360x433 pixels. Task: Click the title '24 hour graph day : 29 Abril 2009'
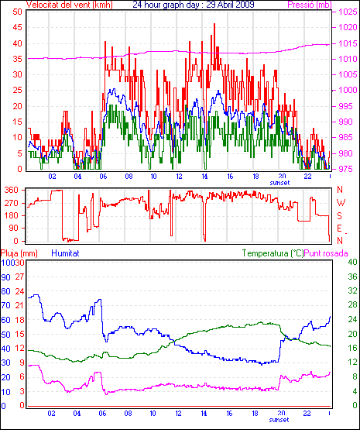[194, 5]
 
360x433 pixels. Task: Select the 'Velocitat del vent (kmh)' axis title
[70, 5]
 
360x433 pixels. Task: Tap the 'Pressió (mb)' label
[310, 5]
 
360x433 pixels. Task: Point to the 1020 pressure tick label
[348, 27]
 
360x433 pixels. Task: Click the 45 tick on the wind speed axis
[17, 27]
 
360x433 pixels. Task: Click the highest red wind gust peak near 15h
[214, 24]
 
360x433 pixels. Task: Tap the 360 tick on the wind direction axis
[12, 190]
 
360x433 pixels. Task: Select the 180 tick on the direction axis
[12, 215]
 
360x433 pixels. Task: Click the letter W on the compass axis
[341, 203]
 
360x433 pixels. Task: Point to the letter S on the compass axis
[340, 215]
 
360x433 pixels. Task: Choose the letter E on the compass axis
[340, 228]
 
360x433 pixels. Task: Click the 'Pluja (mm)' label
[19, 253]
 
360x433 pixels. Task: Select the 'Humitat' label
[66, 253]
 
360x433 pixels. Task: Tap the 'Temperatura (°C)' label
[273, 253]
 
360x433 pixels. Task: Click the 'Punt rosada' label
[326, 253]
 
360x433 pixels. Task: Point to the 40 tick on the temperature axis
[352, 262]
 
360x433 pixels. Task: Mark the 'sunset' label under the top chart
[279, 183]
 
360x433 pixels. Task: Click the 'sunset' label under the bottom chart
[279, 420]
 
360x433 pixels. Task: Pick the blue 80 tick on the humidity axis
[5, 291]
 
